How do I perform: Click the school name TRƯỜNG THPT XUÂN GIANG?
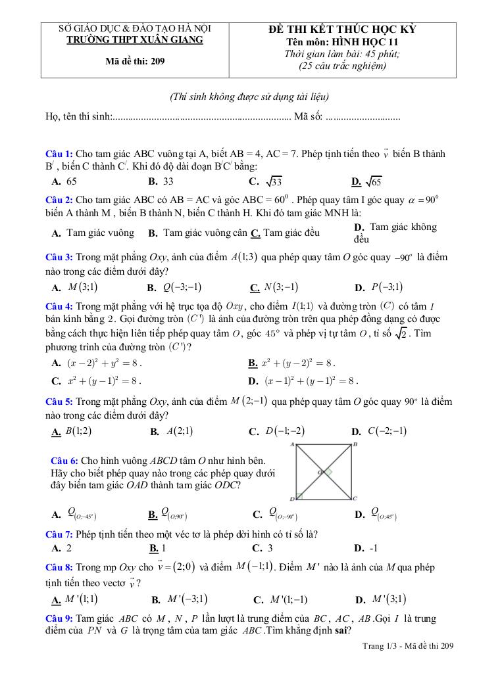pos(136,39)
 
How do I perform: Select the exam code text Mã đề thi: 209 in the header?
pos(136,62)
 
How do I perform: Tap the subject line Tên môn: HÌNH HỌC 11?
pos(342,42)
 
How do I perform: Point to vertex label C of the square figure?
pos(355,498)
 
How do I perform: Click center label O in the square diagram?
pos(320,472)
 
